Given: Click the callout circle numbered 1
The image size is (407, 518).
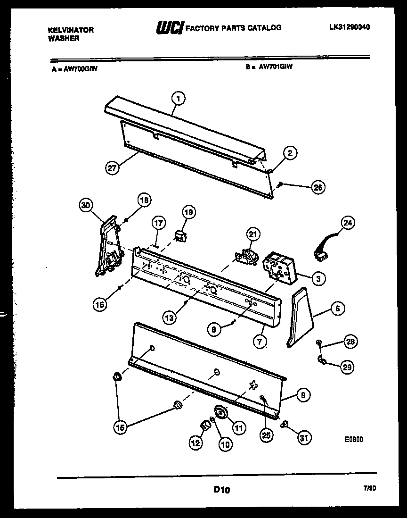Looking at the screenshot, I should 178,99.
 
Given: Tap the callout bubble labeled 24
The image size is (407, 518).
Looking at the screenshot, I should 349,223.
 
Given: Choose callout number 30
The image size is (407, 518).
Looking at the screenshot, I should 86,205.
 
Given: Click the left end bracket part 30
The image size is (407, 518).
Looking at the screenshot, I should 109,249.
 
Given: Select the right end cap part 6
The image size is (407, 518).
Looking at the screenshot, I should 300,316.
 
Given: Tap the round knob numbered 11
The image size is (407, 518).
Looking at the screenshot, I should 220,414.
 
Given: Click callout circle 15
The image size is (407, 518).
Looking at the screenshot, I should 120,427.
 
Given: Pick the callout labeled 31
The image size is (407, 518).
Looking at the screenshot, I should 304,438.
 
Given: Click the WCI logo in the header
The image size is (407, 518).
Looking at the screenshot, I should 169,29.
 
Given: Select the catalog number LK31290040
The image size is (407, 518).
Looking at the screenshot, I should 349,27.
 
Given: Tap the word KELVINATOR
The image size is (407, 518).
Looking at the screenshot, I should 71,30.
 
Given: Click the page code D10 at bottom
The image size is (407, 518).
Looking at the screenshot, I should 221,490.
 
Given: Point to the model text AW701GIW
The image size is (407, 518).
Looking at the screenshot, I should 276,67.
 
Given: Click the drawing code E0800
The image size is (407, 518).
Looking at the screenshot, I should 354,439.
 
